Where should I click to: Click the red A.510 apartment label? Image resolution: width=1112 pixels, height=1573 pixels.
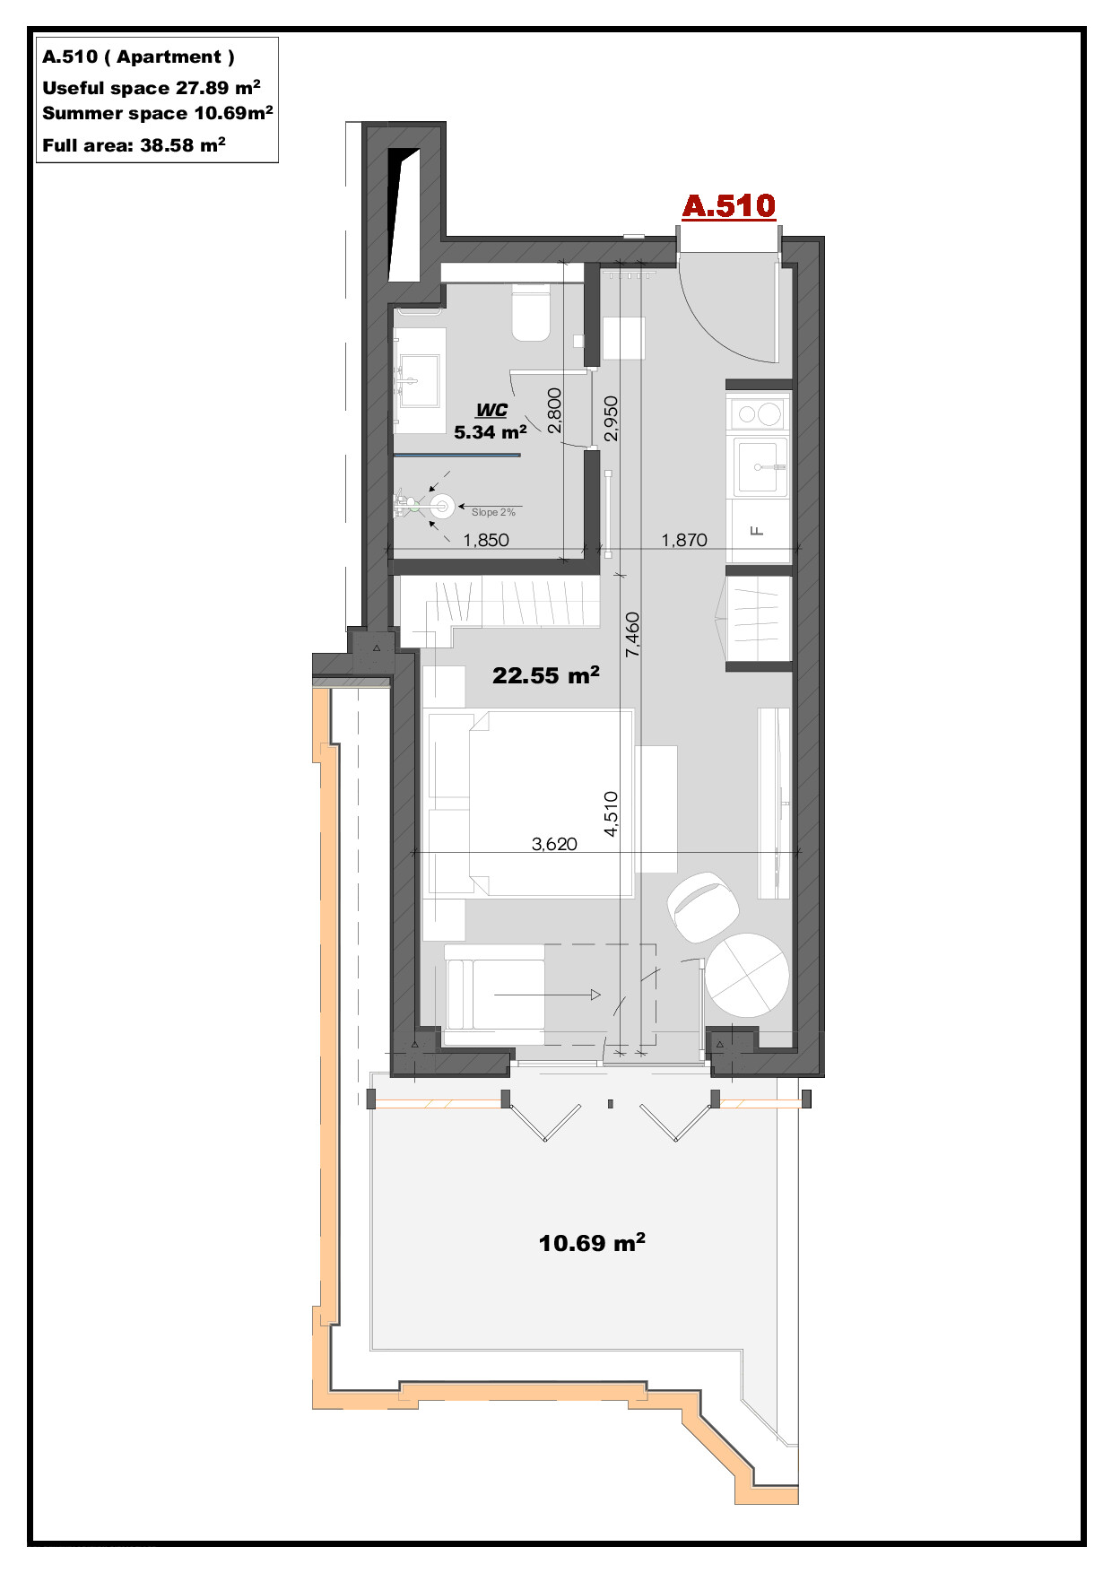pos(728,206)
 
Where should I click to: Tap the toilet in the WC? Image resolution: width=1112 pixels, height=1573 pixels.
pos(530,312)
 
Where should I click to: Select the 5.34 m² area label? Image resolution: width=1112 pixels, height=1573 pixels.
pos(490,432)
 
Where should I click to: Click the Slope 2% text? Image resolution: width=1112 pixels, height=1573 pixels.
pos(493,512)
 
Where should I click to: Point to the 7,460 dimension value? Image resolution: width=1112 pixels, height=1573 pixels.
pos(633,634)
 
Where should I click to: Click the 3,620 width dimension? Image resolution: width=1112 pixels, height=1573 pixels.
pos(554,843)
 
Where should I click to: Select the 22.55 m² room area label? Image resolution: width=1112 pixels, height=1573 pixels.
pos(546,675)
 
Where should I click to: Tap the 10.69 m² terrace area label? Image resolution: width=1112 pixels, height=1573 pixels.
pos(592,1243)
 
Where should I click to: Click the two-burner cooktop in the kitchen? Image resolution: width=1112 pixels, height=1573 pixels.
pos(758,414)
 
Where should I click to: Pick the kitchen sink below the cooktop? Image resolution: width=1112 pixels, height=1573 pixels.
pos(760,466)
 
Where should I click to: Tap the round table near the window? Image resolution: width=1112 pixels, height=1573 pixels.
pos(747,976)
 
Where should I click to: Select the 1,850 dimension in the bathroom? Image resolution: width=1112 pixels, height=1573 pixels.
pos(486,540)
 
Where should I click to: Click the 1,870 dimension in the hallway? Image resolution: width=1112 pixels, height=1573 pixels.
pos(684,540)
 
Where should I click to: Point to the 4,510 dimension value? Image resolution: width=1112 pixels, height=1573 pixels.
pos(611,814)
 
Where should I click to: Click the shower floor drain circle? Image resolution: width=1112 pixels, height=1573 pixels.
pos(442,507)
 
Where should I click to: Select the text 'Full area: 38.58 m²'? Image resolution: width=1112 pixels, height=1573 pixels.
pos(134,144)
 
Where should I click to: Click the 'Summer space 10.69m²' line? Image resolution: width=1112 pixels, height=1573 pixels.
pos(158,113)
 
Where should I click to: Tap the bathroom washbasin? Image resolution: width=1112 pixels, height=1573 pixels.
pos(420,380)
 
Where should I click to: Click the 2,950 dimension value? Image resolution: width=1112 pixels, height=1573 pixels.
pos(611,419)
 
